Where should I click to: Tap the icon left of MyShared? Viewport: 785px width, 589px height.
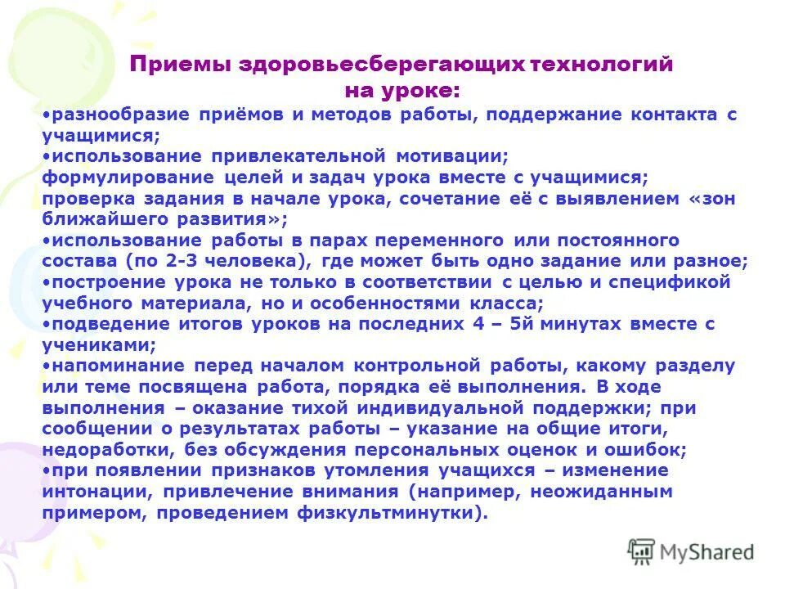641,551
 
